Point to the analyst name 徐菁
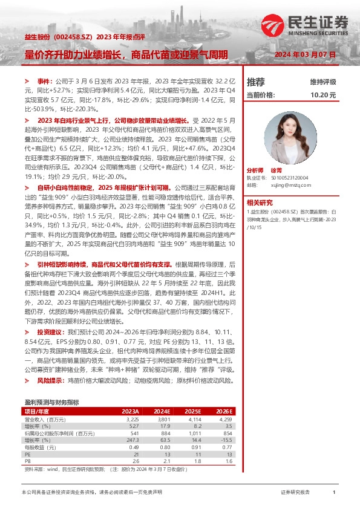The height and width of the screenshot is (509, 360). [x=283, y=171]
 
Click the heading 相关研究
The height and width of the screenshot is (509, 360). [x=260, y=203]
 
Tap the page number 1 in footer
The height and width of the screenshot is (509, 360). [x=334, y=493]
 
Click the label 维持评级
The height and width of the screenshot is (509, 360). [x=322, y=82]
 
